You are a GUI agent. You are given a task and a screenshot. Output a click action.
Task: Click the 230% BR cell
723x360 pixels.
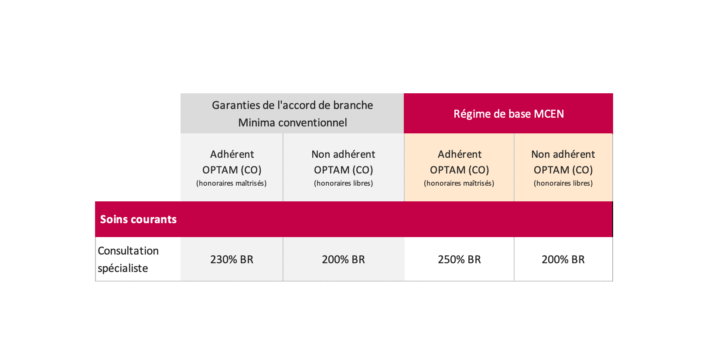(x=232, y=259)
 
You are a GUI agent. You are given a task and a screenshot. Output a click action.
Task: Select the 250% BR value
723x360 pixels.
(x=459, y=259)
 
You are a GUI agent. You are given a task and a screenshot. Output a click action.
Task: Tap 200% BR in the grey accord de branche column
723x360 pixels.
(x=343, y=259)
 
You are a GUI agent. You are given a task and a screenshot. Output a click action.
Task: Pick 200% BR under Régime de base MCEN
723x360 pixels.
(x=563, y=259)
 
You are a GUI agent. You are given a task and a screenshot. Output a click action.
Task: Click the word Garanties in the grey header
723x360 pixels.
(x=235, y=105)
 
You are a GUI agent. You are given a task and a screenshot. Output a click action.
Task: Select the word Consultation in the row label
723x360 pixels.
(x=128, y=251)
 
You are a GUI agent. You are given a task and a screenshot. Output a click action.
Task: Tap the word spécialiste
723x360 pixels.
(x=123, y=268)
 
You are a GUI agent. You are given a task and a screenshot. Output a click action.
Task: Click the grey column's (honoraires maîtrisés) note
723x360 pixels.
(x=232, y=183)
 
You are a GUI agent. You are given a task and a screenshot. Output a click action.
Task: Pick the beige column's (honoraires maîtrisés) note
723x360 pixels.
(x=459, y=183)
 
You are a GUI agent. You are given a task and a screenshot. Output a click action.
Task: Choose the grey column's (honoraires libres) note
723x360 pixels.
(x=343, y=183)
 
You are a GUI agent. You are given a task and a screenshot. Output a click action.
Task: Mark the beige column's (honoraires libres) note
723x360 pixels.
(x=563, y=183)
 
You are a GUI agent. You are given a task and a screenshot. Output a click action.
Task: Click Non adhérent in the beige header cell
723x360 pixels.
(x=563, y=154)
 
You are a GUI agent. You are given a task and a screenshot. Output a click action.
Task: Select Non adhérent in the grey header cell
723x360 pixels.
(x=343, y=154)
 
